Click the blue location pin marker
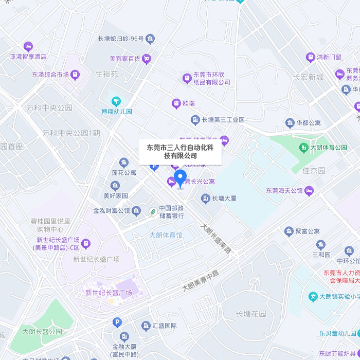(180, 178)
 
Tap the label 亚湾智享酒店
(28, 57)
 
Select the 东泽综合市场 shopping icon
(76, 75)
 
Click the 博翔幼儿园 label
(116, 111)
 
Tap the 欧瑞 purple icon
(176, 103)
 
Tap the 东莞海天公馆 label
(284, 191)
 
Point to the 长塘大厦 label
(225, 198)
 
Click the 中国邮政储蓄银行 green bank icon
(153, 211)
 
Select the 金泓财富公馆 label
(112, 210)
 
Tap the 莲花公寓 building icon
(124, 163)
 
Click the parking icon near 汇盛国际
(117, 322)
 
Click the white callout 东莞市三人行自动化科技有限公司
(181, 151)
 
